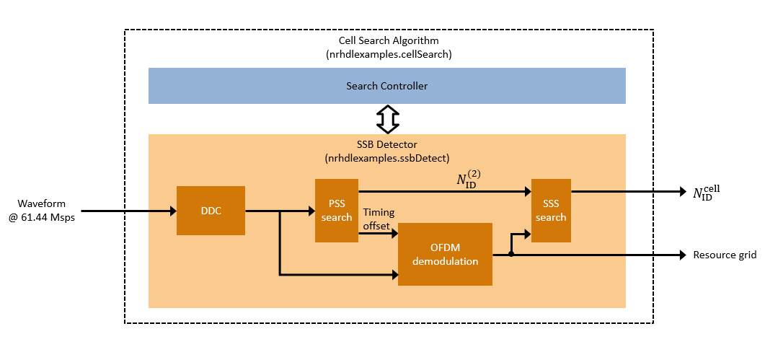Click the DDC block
tap(211, 211)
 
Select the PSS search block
tap(337, 211)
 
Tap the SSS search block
tap(551, 211)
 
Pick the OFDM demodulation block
tap(445, 254)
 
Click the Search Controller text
tap(386, 86)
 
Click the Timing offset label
tap(379, 218)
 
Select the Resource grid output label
tap(723, 255)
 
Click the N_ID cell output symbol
tap(707, 193)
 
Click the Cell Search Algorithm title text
tap(389, 40)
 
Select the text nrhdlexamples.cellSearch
tap(389, 53)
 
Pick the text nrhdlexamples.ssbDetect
tap(387, 157)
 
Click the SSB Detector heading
tap(387, 145)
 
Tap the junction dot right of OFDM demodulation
tap(510, 254)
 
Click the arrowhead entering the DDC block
tap(172, 211)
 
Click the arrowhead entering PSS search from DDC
tap(311, 211)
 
